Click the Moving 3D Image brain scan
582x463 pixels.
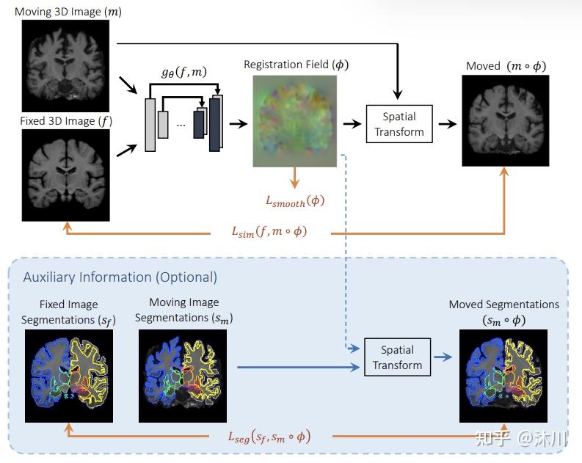click(65, 65)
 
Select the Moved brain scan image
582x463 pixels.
click(506, 120)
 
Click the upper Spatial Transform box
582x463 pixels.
click(399, 123)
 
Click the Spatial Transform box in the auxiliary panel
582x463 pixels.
click(397, 357)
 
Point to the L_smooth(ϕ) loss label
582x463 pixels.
click(294, 200)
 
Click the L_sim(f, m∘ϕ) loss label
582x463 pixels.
click(269, 232)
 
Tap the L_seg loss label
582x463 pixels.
click(269, 437)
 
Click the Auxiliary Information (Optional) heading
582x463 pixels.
click(120, 277)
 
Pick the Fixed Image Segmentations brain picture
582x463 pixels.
click(68, 376)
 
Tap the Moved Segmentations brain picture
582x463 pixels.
click(503, 376)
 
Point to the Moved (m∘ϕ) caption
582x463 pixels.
click(506, 66)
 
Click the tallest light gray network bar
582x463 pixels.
click(150, 124)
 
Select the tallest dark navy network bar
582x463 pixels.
click(214, 123)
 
